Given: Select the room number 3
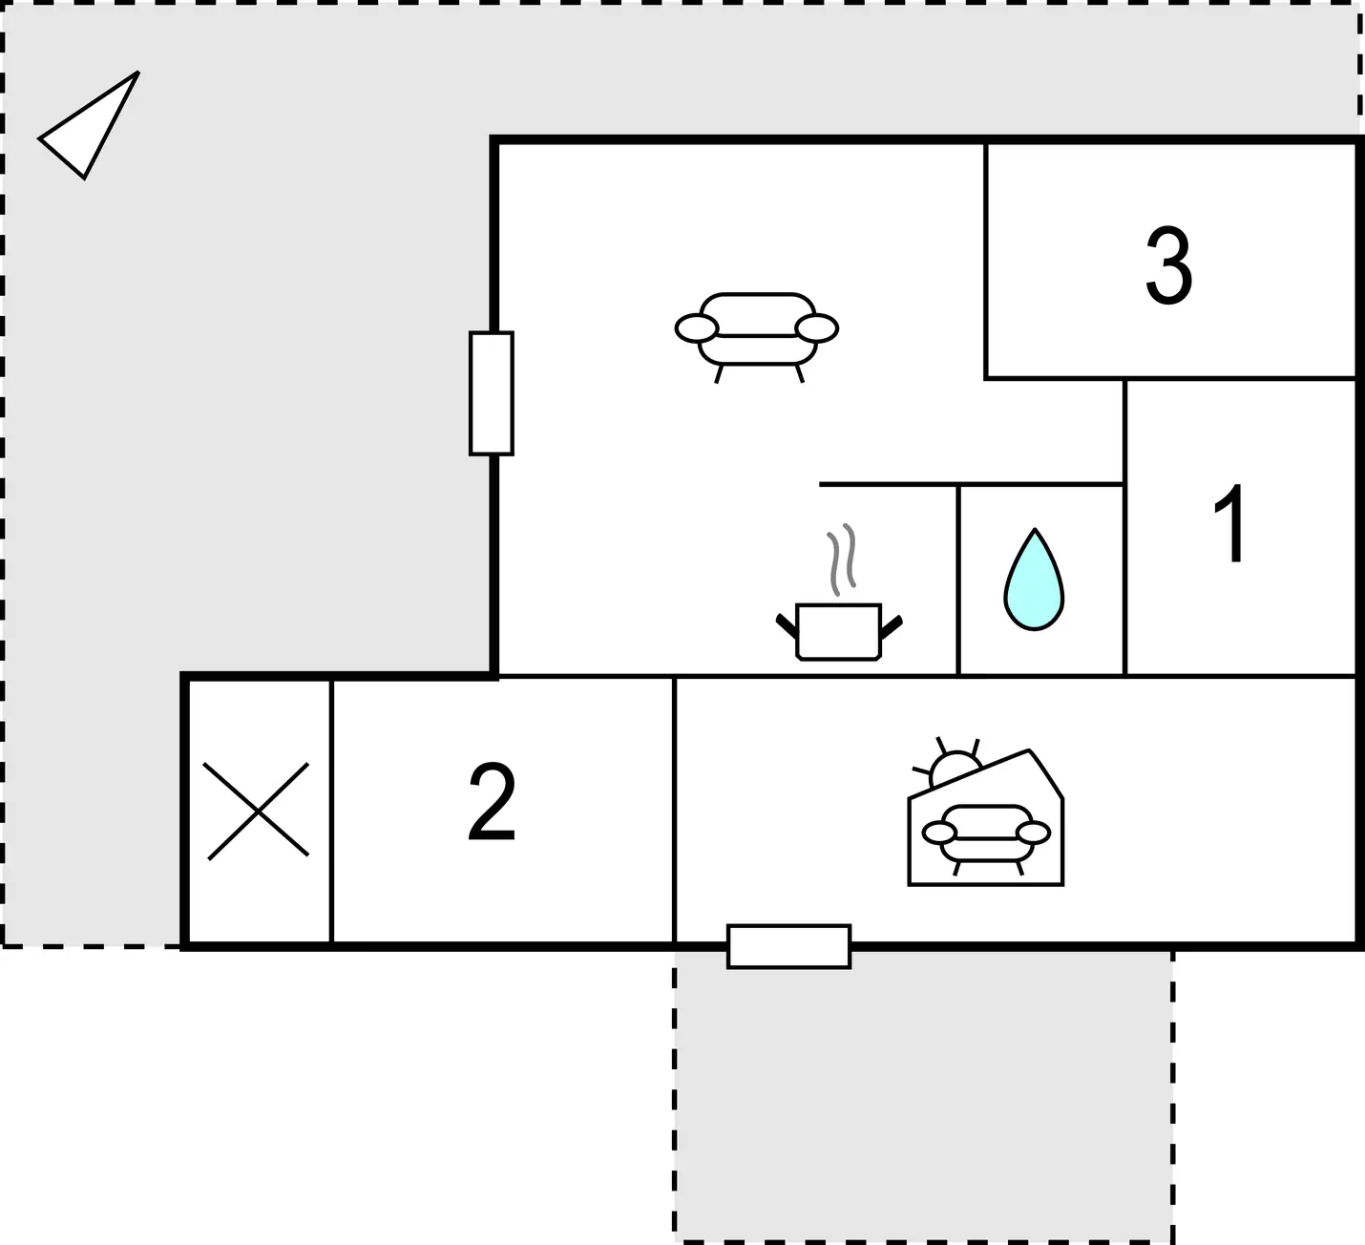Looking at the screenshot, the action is [x=1168, y=265].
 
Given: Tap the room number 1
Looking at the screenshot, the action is [x=1230, y=523].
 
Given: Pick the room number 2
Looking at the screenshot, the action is [x=492, y=801].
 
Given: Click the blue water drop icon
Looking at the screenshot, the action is [x=1034, y=580].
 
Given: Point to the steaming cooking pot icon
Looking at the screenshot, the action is [x=839, y=592].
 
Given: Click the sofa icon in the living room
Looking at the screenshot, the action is [x=757, y=337].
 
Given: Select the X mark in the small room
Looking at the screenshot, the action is [x=257, y=811].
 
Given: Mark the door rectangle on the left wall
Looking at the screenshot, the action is [x=492, y=393].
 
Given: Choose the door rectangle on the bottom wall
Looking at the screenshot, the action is [x=789, y=946].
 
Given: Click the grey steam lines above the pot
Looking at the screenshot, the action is [x=842, y=559].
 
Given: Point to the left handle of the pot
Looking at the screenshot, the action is [x=787, y=626].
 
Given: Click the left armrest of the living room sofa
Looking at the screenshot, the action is [x=696, y=328].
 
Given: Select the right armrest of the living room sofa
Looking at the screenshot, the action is [x=816, y=328].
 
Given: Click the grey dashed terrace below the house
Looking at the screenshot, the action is [x=923, y=1096].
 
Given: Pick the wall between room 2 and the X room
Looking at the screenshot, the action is [x=331, y=811].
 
